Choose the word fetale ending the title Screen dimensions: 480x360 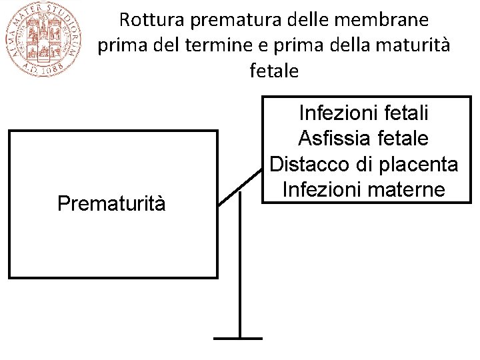274,71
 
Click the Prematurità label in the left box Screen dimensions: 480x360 111,203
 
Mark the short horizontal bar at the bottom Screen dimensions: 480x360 238,338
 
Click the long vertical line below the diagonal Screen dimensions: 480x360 239,267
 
